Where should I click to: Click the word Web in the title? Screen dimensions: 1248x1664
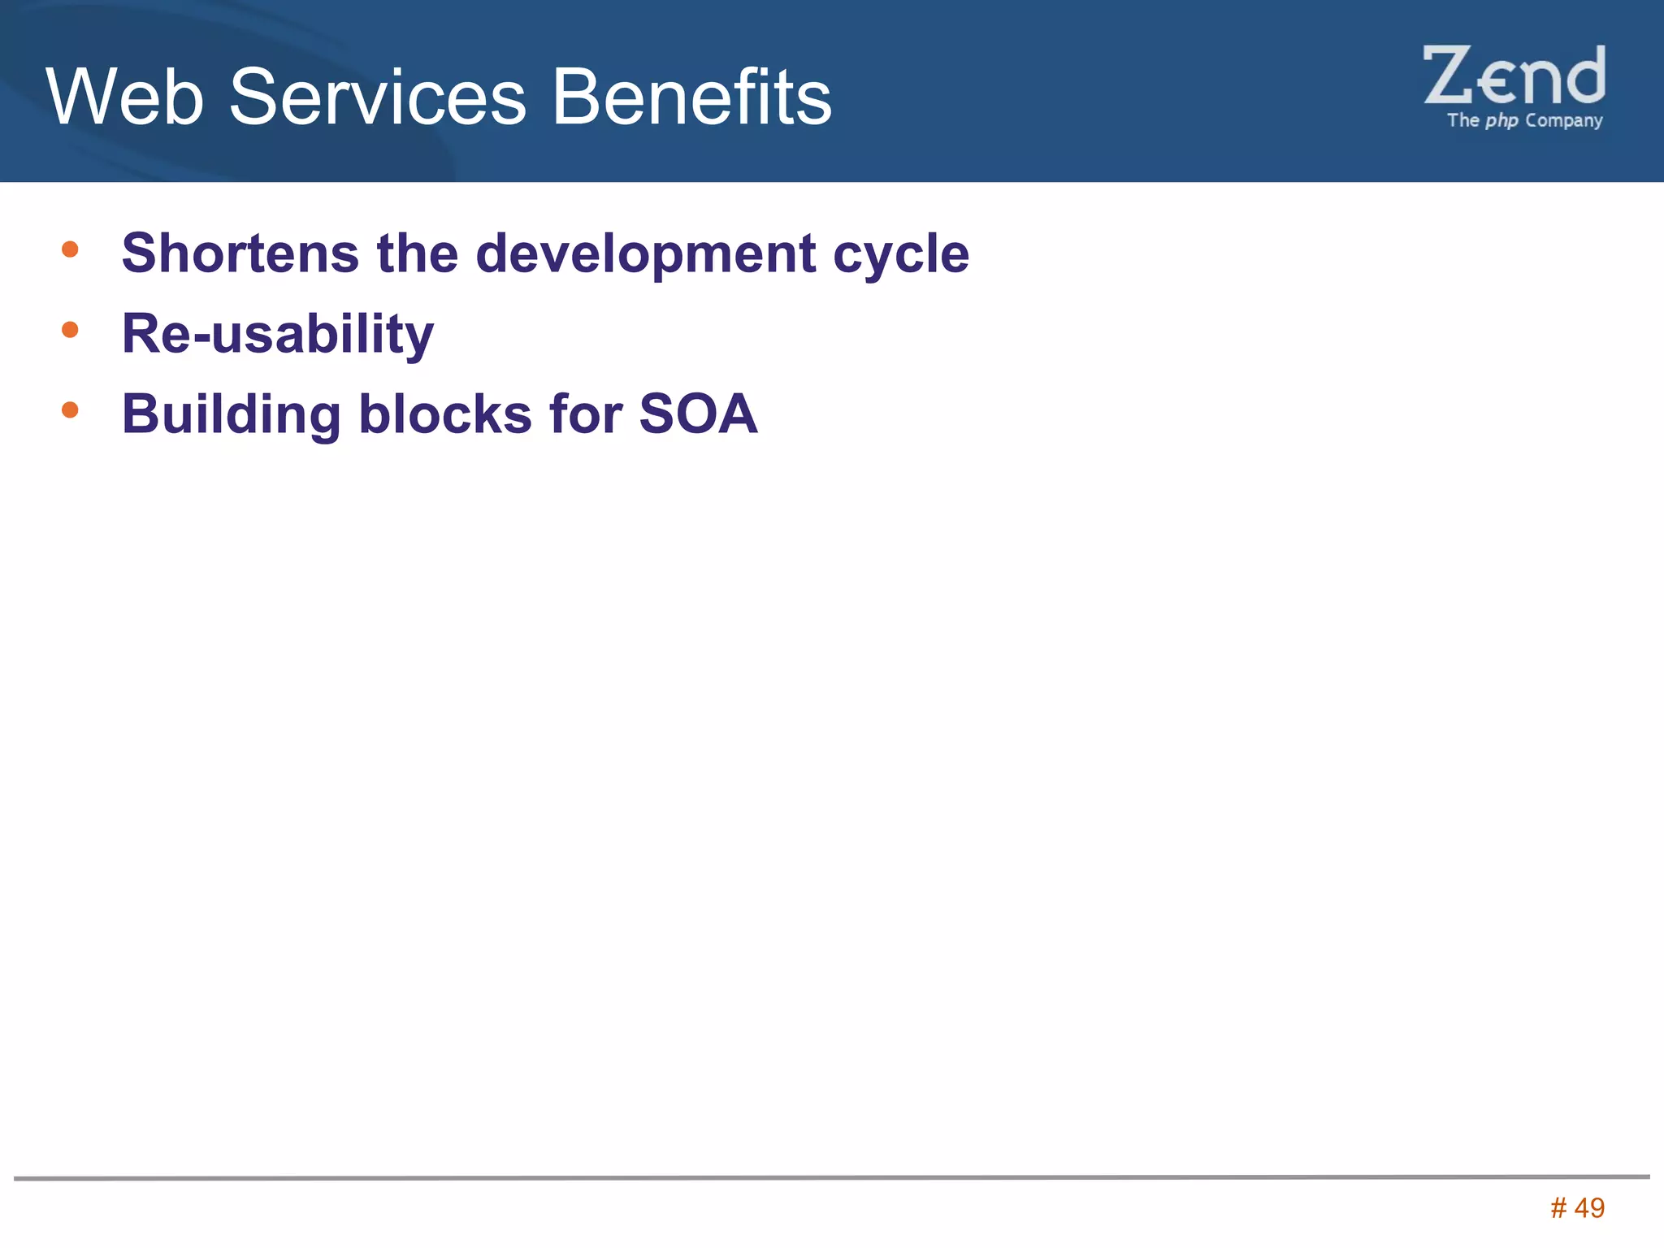pyautogui.click(x=124, y=97)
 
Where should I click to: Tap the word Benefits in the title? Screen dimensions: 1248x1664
pyautogui.click(x=691, y=97)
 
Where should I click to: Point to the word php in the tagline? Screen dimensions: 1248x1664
pyautogui.click(x=1501, y=121)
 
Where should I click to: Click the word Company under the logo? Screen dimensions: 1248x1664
pyautogui.click(x=1563, y=121)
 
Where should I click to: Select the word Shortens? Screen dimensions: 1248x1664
pyautogui.click(x=240, y=253)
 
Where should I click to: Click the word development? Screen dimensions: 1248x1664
pyautogui.click(x=645, y=254)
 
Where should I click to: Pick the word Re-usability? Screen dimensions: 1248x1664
pyautogui.click(x=278, y=334)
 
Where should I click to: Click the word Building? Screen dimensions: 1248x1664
pyautogui.click(x=231, y=415)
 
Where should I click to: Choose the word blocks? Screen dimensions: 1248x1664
pyautogui.click(x=445, y=414)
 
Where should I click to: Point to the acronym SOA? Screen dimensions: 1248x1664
pyautogui.click(x=698, y=414)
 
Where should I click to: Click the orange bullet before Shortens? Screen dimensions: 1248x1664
pyautogui.click(x=70, y=249)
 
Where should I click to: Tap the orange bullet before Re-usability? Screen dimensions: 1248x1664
pyautogui.click(x=70, y=329)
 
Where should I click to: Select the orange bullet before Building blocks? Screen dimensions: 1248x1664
pyautogui.click(x=70, y=409)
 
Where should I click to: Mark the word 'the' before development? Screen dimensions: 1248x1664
pyautogui.click(x=417, y=253)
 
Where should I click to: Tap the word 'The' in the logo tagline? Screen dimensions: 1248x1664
pyautogui.click(x=1462, y=120)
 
